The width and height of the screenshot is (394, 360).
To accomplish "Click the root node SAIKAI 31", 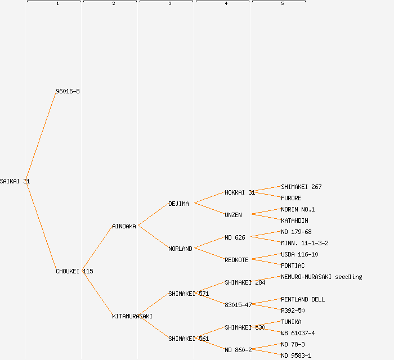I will click(15, 181).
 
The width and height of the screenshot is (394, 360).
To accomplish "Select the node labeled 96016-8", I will click(68, 91).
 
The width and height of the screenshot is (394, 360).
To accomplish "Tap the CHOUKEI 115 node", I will click(74, 271).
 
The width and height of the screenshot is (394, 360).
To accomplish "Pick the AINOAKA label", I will click(124, 226).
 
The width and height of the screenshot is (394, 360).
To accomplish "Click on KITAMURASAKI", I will click(132, 316).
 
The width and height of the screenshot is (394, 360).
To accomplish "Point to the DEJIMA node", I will click(178, 204).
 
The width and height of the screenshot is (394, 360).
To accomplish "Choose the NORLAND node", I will click(180, 249).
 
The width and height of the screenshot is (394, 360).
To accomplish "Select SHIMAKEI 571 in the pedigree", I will click(189, 294).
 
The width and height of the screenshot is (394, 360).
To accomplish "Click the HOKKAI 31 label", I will click(240, 192).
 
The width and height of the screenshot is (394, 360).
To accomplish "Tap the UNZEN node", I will click(233, 215).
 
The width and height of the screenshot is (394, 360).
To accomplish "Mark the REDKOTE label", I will click(236, 260).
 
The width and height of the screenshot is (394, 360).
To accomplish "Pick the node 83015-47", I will click(238, 305).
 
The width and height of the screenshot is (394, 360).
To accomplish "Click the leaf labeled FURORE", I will click(291, 198).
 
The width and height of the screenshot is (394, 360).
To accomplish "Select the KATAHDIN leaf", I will click(294, 220).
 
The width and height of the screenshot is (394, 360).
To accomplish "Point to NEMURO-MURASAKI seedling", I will click(321, 277).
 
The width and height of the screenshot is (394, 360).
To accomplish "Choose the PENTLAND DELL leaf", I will click(303, 299).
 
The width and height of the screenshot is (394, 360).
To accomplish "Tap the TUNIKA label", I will click(291, 322).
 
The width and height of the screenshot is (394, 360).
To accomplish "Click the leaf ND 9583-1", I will click(296, 355).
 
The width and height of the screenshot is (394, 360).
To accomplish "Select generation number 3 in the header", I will click(169, 4).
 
